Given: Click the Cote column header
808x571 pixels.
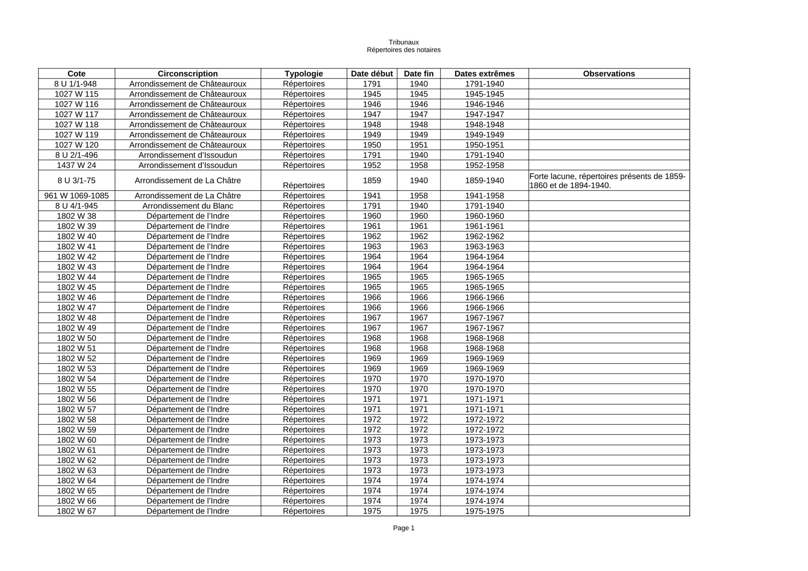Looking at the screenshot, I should coord(76,73).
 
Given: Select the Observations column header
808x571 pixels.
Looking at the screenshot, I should coord(609,73).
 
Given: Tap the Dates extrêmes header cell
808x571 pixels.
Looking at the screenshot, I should coord(484,73).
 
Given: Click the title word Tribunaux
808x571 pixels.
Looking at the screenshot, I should coord(404,42).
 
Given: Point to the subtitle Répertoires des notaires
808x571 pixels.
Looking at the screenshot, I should coord(404,50).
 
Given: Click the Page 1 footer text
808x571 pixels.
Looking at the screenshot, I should coord(404,528).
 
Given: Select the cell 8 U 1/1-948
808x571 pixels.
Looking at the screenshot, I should coord(76,84).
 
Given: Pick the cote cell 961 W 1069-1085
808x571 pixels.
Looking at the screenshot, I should coord(76,196).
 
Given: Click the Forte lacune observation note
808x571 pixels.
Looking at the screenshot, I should coord(607,181).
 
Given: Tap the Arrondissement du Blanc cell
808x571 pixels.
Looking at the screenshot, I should coord(187,206).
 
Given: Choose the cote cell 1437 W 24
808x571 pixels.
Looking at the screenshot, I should coord(76,165).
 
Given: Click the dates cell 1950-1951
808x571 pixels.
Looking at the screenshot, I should coord(484,145).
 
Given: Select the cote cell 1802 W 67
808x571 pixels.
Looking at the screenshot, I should coord(76,511).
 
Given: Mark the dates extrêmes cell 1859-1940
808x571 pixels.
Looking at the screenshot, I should coord(484,181).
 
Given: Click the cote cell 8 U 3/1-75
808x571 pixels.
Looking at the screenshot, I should coord(76,181).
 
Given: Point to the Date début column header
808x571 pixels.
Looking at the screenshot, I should coord(372,73).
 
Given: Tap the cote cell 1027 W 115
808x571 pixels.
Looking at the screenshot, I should coord(76,94).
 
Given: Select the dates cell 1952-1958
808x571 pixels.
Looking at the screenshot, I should coord(484,165).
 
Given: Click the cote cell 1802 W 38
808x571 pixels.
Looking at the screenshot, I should coord(76,216).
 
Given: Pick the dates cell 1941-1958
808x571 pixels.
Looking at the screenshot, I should coord(484,196).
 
